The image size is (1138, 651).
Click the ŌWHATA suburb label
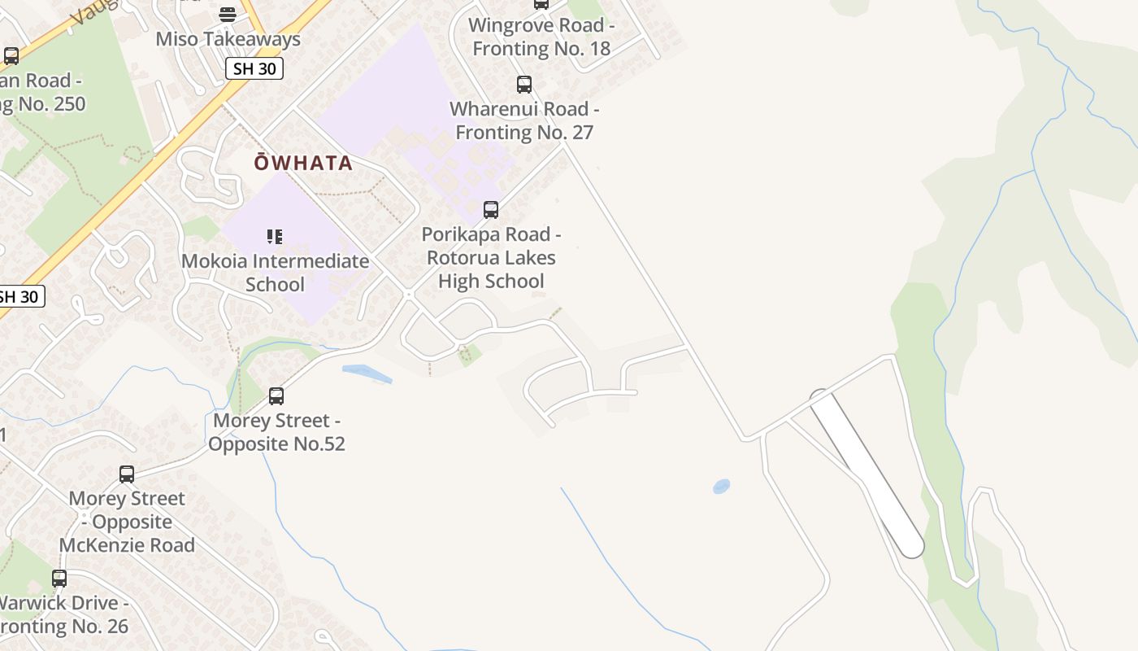pos(303,163)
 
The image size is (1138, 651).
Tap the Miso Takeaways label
pos(228,39)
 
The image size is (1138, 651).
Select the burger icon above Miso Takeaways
pos(228,14)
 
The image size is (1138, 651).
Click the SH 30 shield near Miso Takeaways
pos(254,69)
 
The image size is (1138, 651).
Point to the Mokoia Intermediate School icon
pos(275,237)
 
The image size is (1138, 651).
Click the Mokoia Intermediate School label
pos(275,273)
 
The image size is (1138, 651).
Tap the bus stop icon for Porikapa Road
pos(491,210)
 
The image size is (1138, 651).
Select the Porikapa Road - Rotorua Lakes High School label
pos(491,258)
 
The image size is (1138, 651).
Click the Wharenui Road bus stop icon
pos(524,84)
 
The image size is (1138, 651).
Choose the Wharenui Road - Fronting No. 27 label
pos(524,120)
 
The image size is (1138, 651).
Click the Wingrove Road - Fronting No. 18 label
pos(541,37)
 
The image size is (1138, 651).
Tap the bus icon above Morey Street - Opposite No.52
pos(276,396)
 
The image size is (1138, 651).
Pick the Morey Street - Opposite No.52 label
pos(276,432)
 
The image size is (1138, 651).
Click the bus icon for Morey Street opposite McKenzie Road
pos(127,474)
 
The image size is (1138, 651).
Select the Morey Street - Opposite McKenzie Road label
pos(127,522)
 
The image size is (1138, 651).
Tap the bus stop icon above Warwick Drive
pos(59,579)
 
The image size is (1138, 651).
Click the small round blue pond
pos(721,487)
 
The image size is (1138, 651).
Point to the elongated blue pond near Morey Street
pos(367,374)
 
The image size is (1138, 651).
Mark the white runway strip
pos(867,474)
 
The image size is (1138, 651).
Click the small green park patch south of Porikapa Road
pos(468,355)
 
